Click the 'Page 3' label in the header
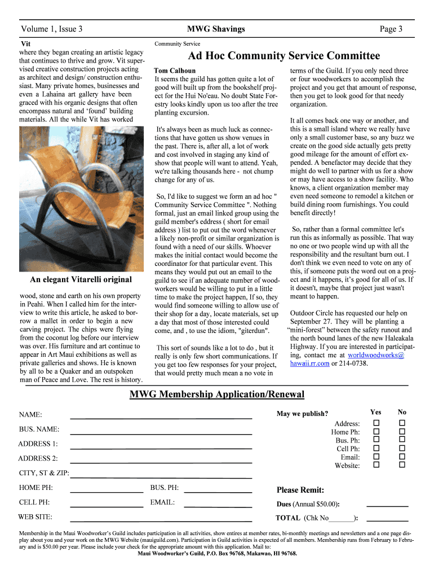pos(391,29)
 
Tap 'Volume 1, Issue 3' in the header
pos(52,29)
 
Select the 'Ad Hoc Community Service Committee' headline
pos(284,55)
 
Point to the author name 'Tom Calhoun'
pos(175,71)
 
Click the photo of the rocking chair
pos(76,198)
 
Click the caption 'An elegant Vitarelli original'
pos(81,279)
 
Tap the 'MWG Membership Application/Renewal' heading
pos(217,394)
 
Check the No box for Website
pos(402,465)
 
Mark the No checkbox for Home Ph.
pos(402,431)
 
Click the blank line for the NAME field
pos(161,417)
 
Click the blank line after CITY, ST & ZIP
pos(161,478)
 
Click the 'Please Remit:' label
pos(300,489)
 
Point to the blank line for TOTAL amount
pos(387,519)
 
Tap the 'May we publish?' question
pos(302,414)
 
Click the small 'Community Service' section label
pos(177,43)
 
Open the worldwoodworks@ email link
pos(376,355)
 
